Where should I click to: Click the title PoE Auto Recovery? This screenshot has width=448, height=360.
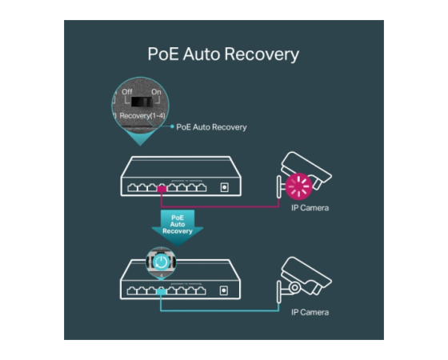[x=223, y=54]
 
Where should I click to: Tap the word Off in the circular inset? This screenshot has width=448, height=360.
[x=127, y=92]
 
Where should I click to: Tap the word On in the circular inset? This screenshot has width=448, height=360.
[x=156, y=92]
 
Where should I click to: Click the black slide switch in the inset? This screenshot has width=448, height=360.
[x=142, y=102]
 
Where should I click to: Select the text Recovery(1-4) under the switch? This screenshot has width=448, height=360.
[x=142, y=116]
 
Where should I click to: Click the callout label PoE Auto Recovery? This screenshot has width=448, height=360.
[x=211, y=127]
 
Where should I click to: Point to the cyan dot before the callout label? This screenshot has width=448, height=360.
[x=172, y=126]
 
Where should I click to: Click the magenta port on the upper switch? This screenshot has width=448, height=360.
[x=162, y=189]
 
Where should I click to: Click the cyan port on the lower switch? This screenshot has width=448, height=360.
[x=161, y=292]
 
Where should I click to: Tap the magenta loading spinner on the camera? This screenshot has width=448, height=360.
[x=298, y=186]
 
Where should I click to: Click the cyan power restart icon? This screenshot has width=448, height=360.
[x=161, y=262]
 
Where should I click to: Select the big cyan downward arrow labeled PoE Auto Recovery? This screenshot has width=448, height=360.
[x=178, y=228]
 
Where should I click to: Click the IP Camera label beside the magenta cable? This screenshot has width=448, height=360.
[x=310, y=208]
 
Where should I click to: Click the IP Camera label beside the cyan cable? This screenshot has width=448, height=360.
[x=310, y=312]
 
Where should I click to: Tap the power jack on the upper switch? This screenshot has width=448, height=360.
[x=225, y=187]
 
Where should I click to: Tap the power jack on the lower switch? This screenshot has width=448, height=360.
[x=224, y=290]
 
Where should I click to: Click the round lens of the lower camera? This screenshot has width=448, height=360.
[x=294, y=287]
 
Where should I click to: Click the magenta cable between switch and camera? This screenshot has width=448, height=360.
[x=220, y=206]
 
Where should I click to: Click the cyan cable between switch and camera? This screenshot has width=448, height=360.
[x=220, y=310]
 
